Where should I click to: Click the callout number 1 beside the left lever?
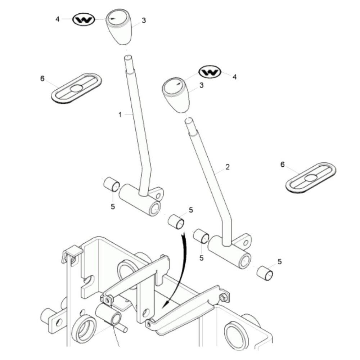(x=120, y=114)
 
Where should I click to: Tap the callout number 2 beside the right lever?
(x=227, y=167)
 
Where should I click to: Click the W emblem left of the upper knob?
(x=84, y=19)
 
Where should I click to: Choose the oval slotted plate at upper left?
(x=76, y=88)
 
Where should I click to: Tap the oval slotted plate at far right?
(x=311, y=177)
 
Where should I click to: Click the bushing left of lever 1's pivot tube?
(x=112, y=185)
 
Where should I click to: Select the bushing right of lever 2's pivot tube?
(x=265, y=273)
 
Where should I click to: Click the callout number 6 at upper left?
(x=42, y=78)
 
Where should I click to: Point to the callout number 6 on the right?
(x=283, y=165)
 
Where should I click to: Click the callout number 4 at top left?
(x=58, y=19)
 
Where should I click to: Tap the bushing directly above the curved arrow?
(x=176, y=221)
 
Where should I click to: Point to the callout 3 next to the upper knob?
(x=144, y=21)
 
